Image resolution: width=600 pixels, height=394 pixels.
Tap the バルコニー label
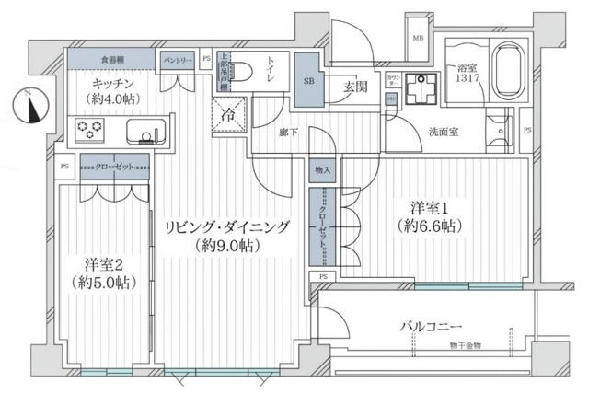point(431,325)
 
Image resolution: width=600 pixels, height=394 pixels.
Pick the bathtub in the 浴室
point(507,71)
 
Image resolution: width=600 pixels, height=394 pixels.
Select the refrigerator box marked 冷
point(226,116)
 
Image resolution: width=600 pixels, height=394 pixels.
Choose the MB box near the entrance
point(418,38)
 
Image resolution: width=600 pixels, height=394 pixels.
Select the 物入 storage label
point(323,170)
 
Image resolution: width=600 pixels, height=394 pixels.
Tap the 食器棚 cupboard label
point(113,60)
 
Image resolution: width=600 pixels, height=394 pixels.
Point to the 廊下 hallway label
point(288,133)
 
